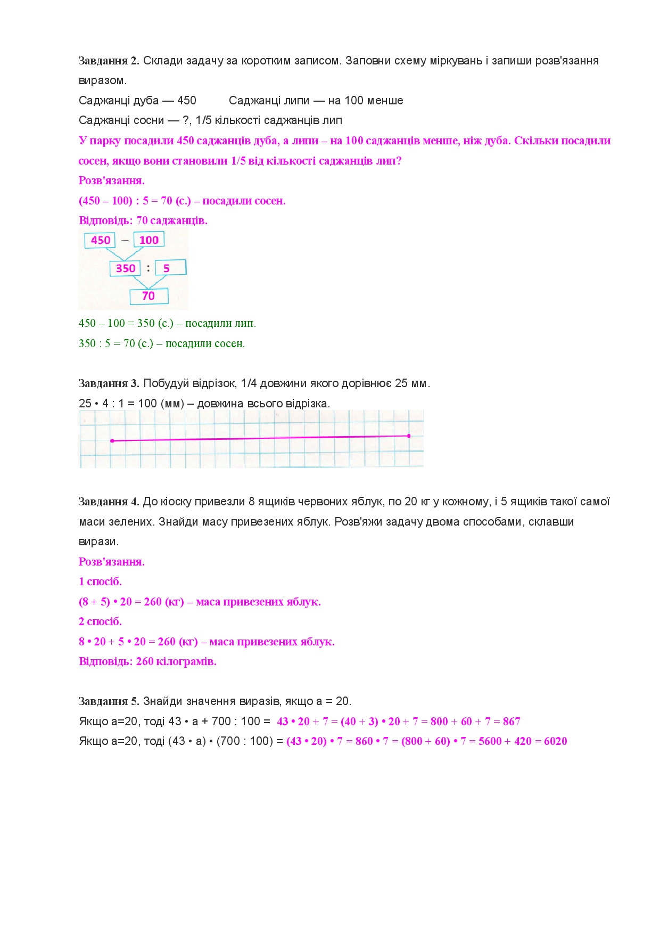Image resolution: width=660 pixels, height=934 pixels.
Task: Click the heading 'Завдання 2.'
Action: pyautogui.click(x=109, y=61)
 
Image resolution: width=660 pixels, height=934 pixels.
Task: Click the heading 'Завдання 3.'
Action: pyautogui.click(x=109, y=383)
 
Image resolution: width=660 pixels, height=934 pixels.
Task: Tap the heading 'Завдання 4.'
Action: pyautogui.click(x=109, y=502)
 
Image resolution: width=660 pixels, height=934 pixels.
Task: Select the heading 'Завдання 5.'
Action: pyautogui.click(x=109, y=701)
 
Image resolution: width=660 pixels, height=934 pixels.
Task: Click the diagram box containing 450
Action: pyautogui.click(x=100, y=240)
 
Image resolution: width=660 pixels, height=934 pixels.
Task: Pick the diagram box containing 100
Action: pyautogui.click(x=149, y=240)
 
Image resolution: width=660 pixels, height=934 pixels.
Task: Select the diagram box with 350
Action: pyautogui.click(x=126, y=268)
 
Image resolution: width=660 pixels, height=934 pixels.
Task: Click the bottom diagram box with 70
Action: pyautogui.click(x=149, y=296)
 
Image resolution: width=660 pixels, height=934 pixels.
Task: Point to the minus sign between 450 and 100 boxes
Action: pyautogui.click(x=125, y=240)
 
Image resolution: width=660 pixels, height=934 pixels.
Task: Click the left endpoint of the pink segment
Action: pyautogui.click(x=112, y=441)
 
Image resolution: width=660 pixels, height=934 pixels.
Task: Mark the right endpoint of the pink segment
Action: pyautogui.click(x=409, y=436)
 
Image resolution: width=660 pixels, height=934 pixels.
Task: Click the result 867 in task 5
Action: pyautogui.click(x=511, y=722)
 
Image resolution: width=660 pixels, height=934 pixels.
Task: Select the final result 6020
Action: pyautogui.click(x=555, y=741)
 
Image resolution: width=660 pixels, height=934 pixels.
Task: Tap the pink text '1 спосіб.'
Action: pyautogui.click(x=100, y=581)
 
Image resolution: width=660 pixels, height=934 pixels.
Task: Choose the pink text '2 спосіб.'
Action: pyautogui.click(x=100, y=621)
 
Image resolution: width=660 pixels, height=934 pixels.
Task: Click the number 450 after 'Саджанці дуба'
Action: pyautogui.click(x=186, y=101)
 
